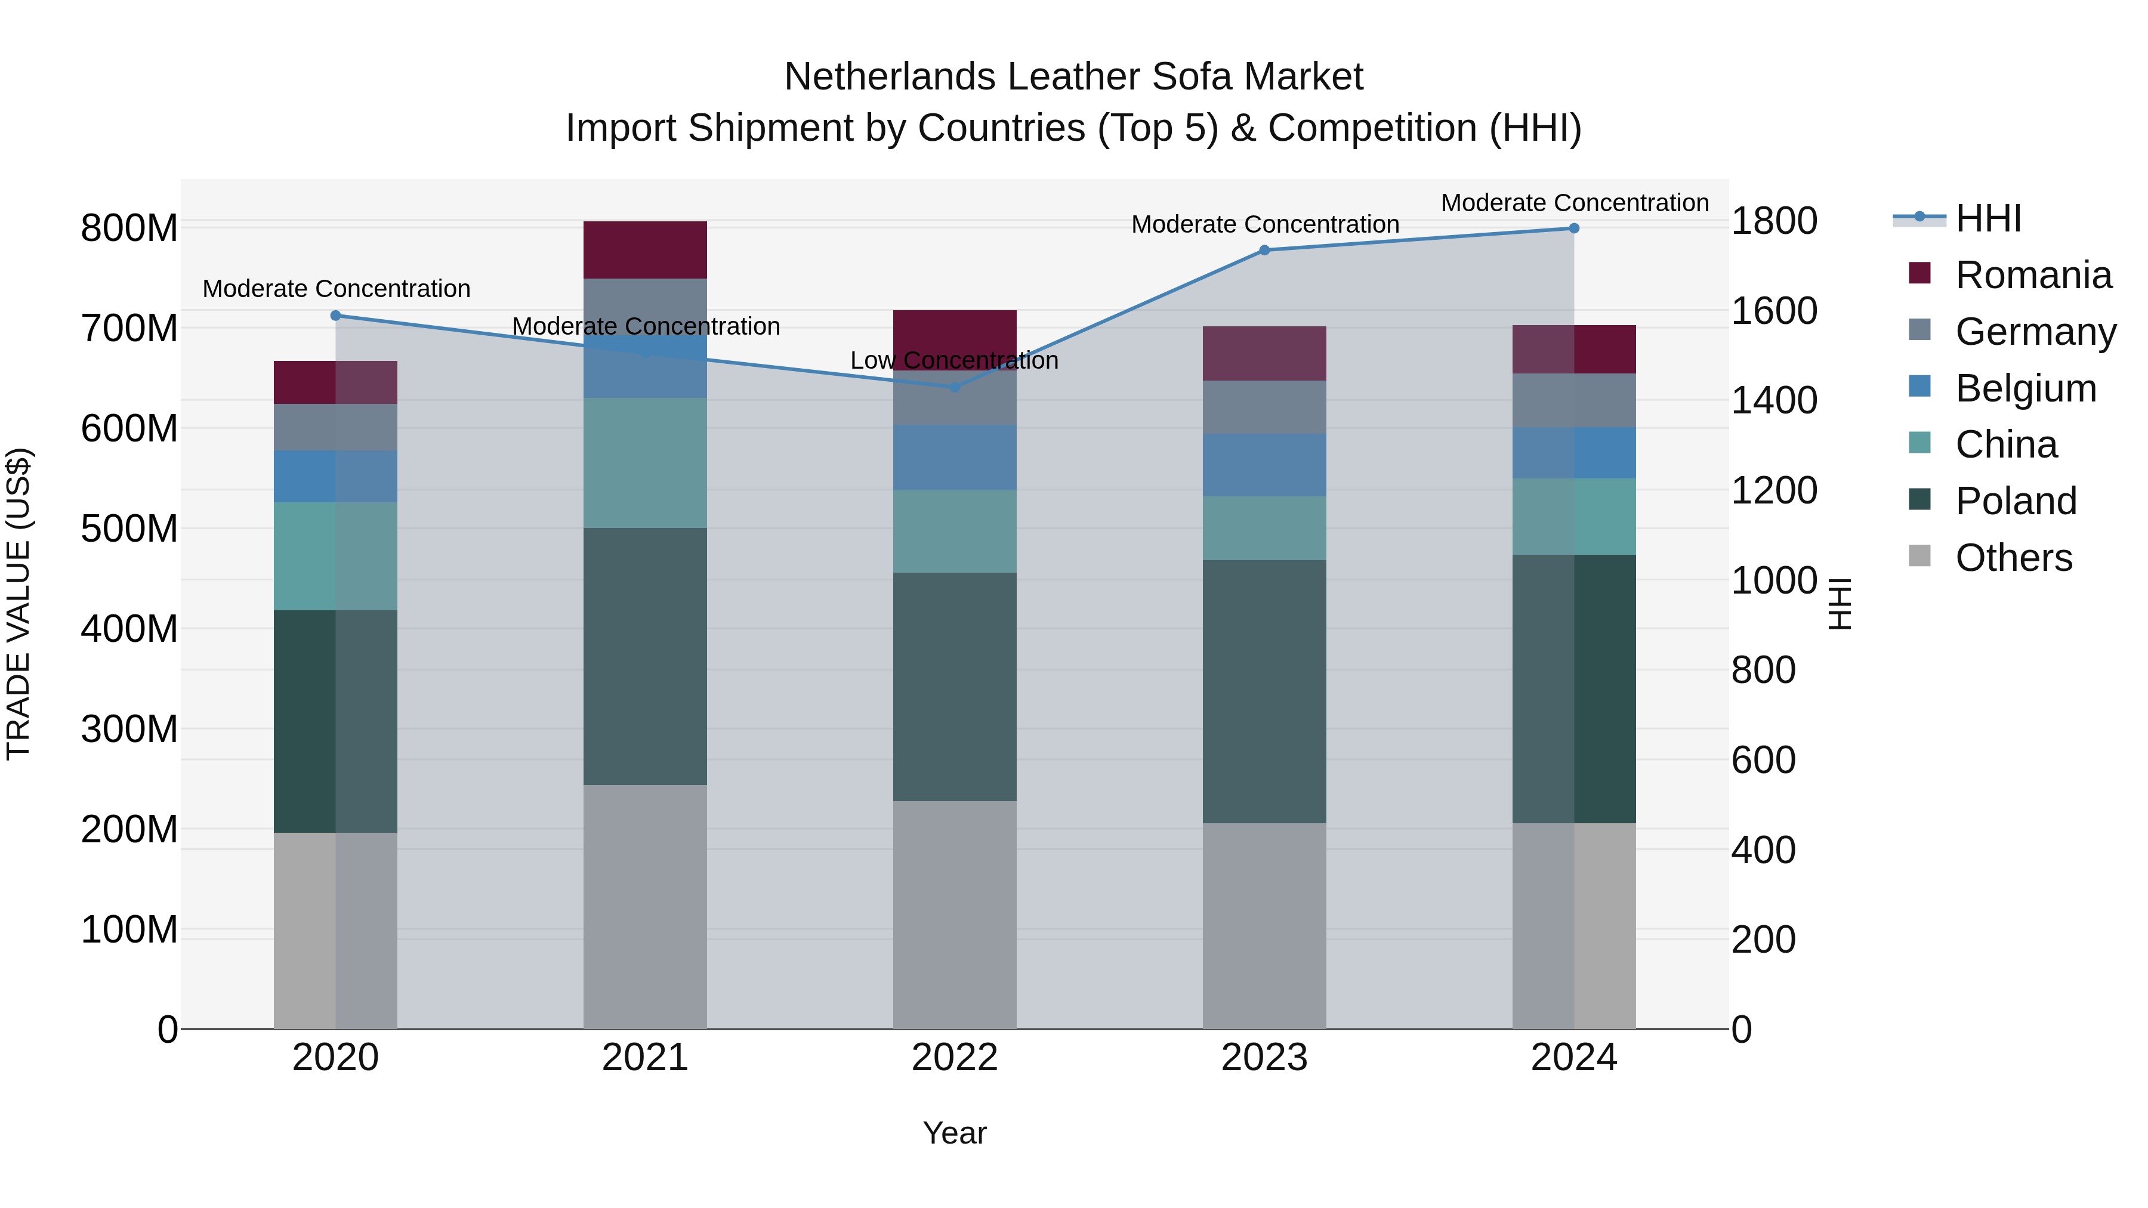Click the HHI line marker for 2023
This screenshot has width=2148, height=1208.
[x=1264, y=250]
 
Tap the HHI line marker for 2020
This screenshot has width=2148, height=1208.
[x=335, y=315]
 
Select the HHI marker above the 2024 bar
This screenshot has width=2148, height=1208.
[x=1573, y=228]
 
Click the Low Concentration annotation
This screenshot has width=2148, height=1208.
[x=954, y=360]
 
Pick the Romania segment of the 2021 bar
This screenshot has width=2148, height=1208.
[x=644, y=249]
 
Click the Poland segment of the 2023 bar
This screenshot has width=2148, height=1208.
[x=1264, y=691]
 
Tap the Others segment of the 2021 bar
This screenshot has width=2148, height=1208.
[x=644, y=906]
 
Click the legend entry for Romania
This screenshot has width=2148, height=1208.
[x=2033, y=275]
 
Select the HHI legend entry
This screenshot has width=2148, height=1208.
[x=1988, y=218]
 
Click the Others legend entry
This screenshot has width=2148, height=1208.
[x=2013, y=558]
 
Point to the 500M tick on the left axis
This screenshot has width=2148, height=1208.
[x=129, y=529]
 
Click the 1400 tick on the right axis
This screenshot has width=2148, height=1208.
[x=1774, y=400]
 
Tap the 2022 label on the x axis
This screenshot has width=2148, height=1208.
[x=954, y=1058]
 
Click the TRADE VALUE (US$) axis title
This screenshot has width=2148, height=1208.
[x=18, y=604]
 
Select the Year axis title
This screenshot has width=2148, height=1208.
[x=954, y=1133]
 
